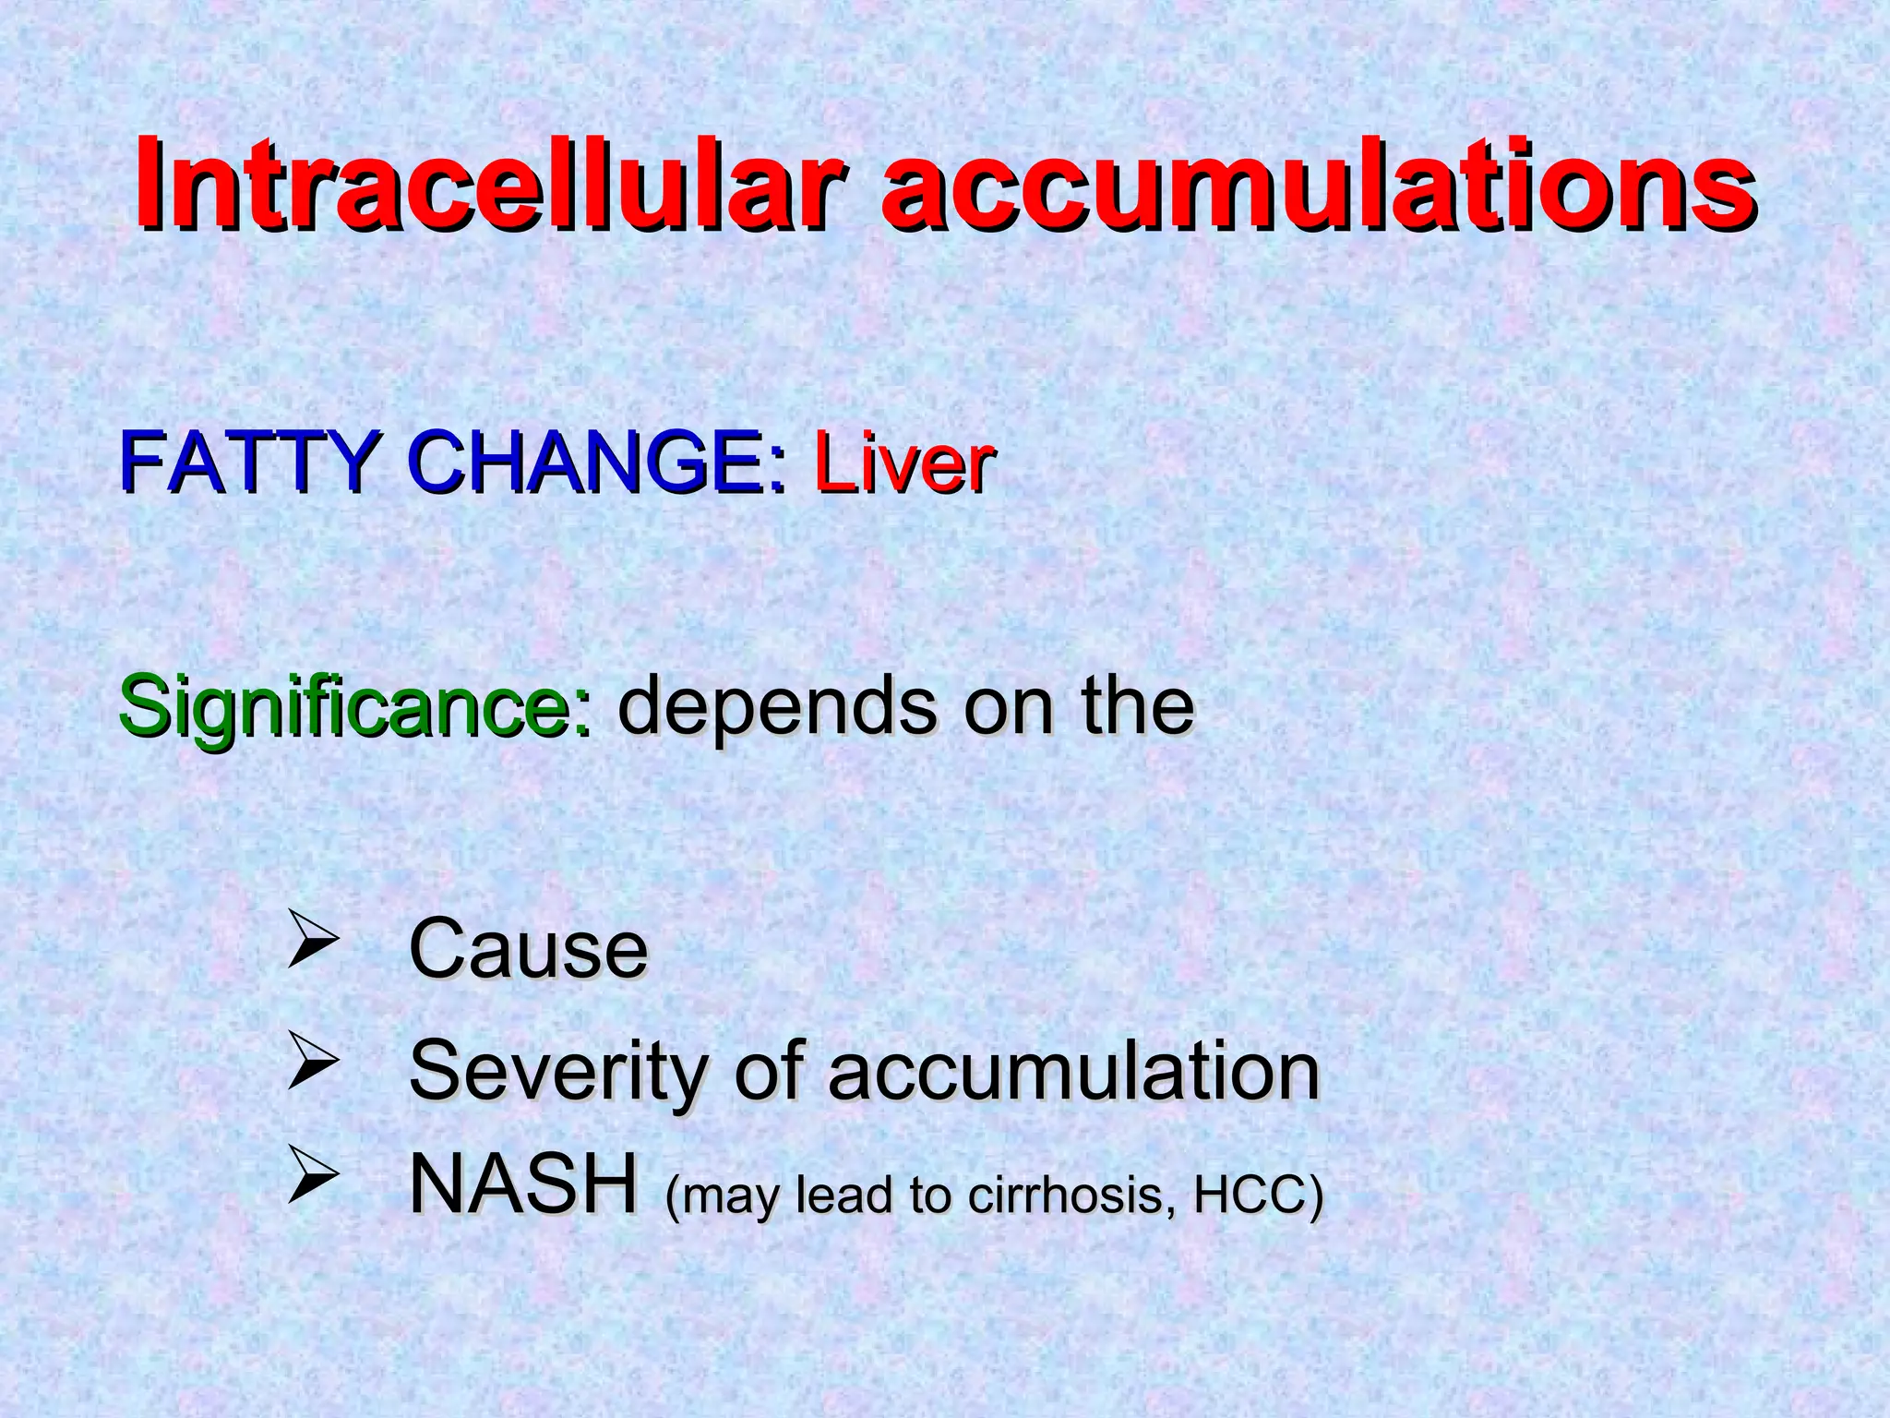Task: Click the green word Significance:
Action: coord(355,709)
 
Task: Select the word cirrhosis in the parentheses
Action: coord(1073,1196)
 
